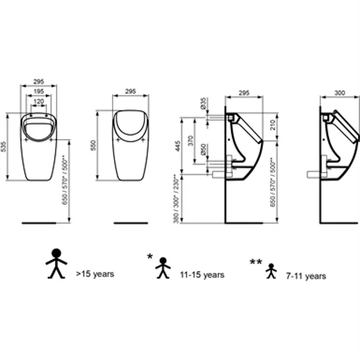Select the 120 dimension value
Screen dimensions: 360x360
(x=38, y=101)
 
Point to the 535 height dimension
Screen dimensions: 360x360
(x=4, y=146)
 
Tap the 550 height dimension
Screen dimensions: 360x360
(x=93, y=145)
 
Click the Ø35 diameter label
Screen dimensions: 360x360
(x=203, y=103)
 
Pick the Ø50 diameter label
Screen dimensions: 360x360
(x=203, y=150)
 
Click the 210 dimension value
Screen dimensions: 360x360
(x=273, y=126)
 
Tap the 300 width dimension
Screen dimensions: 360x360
(x=339, y=92)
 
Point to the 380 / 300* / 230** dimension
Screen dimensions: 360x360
(x=177, y=198)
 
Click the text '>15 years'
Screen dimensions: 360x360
(x=95, y=274)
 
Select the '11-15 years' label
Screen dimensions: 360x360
(x=202, y=275)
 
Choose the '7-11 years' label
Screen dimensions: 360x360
(x=306, y=276)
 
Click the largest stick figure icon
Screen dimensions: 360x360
(x=56, y=263)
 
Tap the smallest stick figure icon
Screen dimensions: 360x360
(x=271, y=271)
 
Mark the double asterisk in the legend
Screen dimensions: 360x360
(x=256, y=262)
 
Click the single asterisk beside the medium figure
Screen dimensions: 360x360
(x=150, y=257)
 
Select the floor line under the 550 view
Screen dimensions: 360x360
(x=131, y=222)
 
